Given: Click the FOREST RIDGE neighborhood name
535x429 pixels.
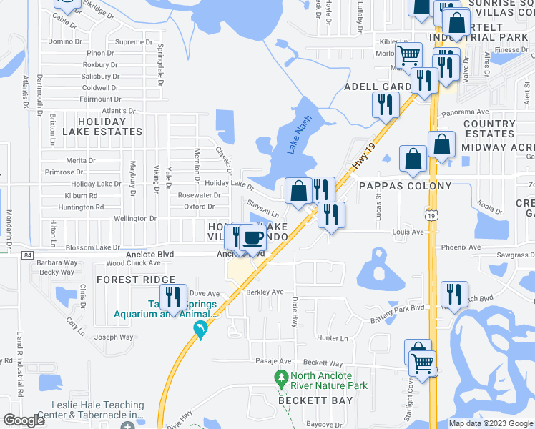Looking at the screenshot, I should click(x=136, y=280).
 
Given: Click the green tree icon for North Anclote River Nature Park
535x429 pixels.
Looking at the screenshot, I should click(x=281, y=376).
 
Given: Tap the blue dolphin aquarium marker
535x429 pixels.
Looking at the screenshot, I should click(x=202, y=330).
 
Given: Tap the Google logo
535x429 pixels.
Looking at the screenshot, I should click(x=24, y=420).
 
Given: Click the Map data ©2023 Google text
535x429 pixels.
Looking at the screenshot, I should click(x=490, y=423).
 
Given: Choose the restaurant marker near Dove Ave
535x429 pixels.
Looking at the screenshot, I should click(x=173, y=297).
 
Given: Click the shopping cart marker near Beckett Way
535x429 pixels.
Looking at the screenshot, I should click(x=423, y=364).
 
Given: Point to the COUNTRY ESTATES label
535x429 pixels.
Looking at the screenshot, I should click(x=489, y=129).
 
